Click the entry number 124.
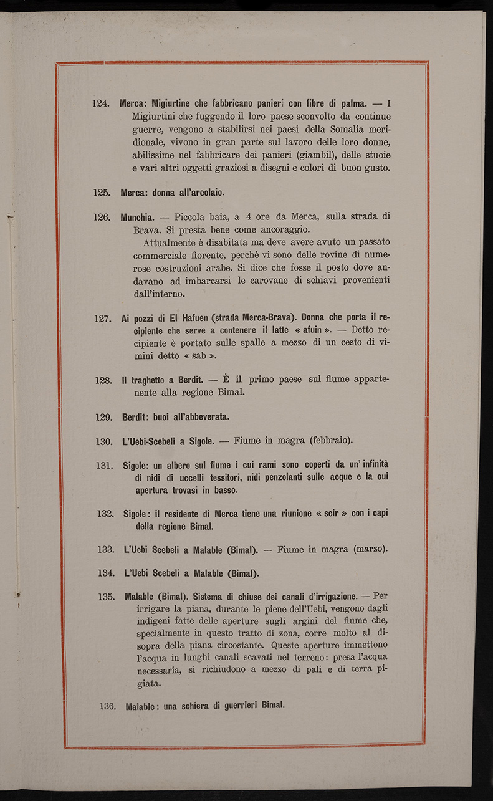click(x=101, y=103)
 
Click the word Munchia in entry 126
click(x=137, y=218)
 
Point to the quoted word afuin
click(x=315, y=331)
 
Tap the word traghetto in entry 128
click(x=155, y=380)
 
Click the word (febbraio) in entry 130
click(x=330, y=441)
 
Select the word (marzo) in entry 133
click(x=370, y=549)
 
